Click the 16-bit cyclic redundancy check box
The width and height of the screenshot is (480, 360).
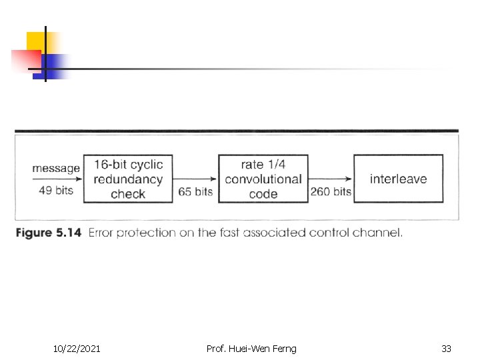[x=128, y=179]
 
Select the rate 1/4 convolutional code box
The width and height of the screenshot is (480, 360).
[x=263, y=179]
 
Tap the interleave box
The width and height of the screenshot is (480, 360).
[x=398, y=179]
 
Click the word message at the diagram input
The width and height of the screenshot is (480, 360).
[x=56, y=168]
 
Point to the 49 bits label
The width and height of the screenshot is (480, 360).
[x=56, y=191]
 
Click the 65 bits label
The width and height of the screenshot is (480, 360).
[x=195, y=191]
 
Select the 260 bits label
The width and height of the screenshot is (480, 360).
[x=331, y=191]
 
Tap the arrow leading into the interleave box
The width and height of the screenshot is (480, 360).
[x=331, y=179]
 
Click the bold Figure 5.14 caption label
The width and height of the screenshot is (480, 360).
[x=48, y=233]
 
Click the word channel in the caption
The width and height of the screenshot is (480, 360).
[x=381, y=233]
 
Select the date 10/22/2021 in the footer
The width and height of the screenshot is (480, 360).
[x=77, y=348]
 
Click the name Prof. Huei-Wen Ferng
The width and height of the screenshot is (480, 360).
[x=251, y=348]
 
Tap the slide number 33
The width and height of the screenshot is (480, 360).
[x=446, y=348]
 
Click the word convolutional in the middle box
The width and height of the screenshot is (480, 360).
[x=263, y=179]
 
